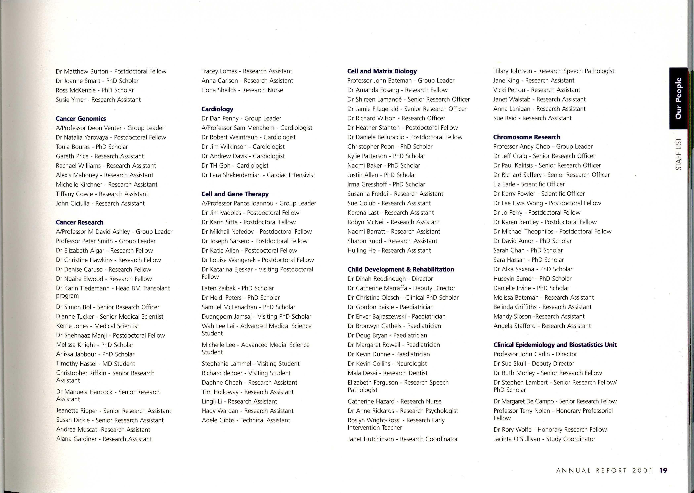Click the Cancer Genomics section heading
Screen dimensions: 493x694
(x=81, y=119)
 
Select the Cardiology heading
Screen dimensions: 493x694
(x=217, y=109)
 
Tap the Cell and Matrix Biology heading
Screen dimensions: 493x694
(x=382, y=71)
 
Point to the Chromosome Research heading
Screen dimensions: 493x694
(x=527, y=137)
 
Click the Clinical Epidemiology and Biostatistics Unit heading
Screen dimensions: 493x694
(x=555, y=345)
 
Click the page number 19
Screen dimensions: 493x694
(x=663, y=471)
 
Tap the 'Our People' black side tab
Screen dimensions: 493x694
(x=678, y=99)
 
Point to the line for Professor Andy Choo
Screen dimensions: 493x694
(x=543, y=147)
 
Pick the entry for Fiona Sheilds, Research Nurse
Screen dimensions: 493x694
(x=242, y=90)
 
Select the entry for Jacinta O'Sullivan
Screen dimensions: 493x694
(x=544, y=439)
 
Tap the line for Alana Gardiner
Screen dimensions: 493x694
(x=104, y=439)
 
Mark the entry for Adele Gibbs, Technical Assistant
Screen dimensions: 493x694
(x=246, y=420)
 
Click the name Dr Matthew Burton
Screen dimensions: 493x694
(x=82, y=71)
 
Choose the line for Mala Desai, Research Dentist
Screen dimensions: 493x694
(x=387, y=373)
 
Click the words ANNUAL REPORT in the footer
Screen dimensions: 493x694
(x=591, y=471)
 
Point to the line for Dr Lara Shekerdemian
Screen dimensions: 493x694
(x=258, y=175)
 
